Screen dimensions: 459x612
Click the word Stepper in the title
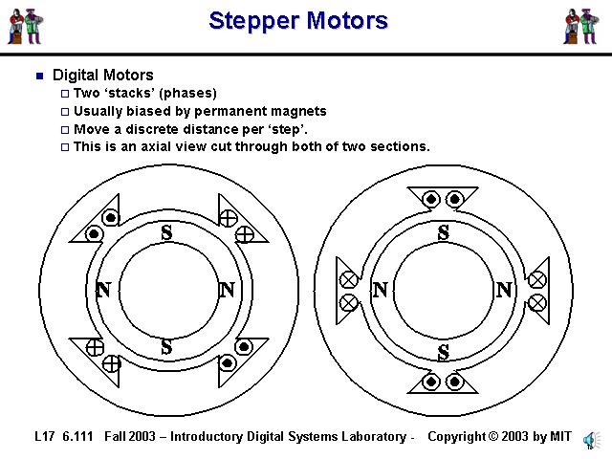pos(253,21)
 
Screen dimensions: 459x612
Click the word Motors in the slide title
pos(346,21)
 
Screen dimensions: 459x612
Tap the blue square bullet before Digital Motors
pos(39,76)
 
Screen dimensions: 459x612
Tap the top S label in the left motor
pos(166,232)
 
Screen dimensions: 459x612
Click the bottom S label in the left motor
pos(166,347)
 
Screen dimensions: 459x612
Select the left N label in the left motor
pos(103,290)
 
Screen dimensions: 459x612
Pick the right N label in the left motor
pos(227,290)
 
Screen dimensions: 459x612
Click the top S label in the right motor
pos(443,232)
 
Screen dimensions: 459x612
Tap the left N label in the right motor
pos(381,290)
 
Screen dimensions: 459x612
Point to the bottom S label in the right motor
pos(443,352)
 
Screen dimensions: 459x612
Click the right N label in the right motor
pos(505,290)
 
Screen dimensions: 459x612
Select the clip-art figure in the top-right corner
pos(580,26)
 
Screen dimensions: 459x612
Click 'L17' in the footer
pos(44,437)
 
